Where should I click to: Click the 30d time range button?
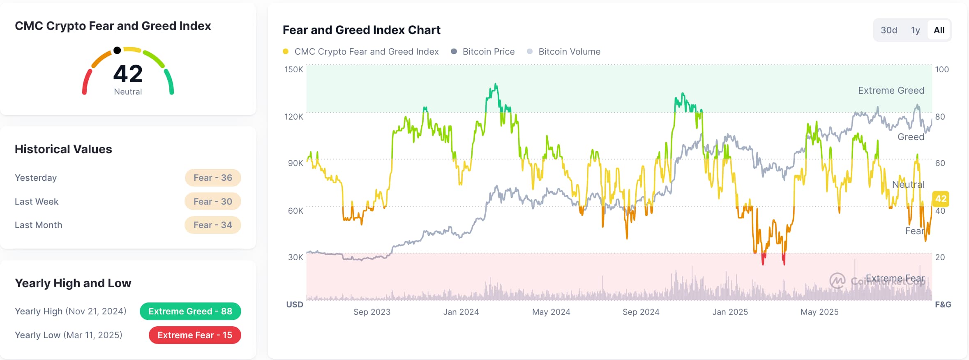888,30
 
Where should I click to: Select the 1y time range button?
915,30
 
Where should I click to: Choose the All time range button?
939,30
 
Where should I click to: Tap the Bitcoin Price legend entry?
488,52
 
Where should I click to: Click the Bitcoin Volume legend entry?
569,52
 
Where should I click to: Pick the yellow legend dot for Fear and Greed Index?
286,51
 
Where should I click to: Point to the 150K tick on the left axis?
294,69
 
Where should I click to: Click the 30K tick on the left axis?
295,257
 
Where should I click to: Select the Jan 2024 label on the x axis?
461,312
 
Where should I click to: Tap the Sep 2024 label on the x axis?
641,312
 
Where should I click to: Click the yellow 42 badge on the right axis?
941,199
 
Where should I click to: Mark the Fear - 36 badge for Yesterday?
213,178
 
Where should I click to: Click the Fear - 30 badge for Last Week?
213,201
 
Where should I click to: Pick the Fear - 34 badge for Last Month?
213,225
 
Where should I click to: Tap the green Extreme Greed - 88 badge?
190,312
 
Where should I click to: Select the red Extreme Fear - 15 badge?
195,335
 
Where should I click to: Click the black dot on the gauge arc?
117,51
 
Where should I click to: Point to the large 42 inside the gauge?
128,74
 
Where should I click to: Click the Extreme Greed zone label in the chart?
891,90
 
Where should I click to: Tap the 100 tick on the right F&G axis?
942,69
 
